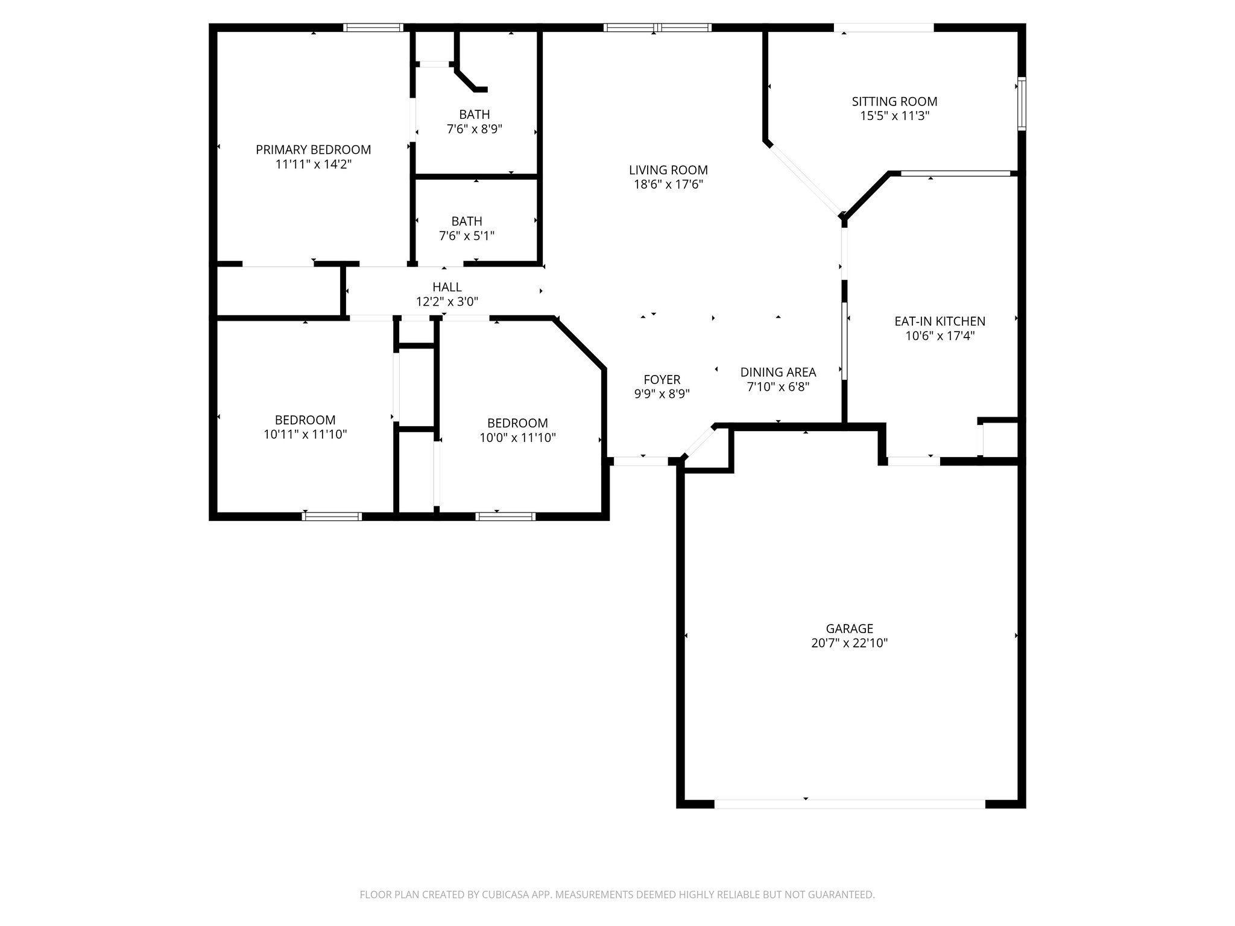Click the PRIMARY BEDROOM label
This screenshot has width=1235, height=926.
point(313,150)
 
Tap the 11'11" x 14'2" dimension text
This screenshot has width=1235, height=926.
point(313,164)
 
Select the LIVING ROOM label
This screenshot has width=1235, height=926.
point(668,170)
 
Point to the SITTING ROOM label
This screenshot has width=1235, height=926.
point(894,101)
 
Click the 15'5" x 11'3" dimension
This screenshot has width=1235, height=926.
point(894,116)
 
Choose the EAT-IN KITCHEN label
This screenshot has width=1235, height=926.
point(940,321)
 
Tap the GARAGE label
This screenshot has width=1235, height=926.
point(849,629)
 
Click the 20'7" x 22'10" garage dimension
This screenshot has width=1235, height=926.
point(849,643)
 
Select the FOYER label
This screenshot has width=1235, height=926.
point(662,379)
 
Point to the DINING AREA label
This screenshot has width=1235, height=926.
point(778,372)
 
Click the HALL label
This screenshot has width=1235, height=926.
point(447,287)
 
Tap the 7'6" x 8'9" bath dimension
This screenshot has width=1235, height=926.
point(474,128)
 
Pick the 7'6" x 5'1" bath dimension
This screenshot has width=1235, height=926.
point(466,236)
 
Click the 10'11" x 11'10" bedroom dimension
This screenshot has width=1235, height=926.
point(305,434)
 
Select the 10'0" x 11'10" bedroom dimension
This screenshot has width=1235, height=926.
point(517,438)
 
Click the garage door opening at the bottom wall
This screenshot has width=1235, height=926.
point(849,804)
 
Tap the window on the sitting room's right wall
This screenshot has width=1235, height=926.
point(1022,104)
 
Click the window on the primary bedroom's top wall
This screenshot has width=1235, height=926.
point(373,27)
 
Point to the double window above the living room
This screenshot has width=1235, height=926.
point(657,27)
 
